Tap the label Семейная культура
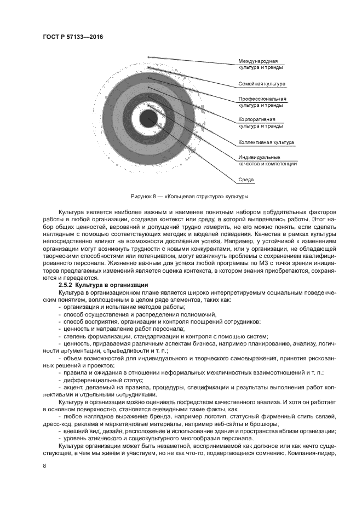tap(262, 84)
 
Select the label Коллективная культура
tap(266, 142)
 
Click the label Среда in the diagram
tap(246, 180)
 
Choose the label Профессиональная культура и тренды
tap(261, 102)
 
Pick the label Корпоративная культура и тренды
tap(260, 122)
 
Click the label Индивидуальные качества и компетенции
tap(267, 160)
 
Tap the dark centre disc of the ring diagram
tap(148, 118)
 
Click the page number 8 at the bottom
tap(44, 465)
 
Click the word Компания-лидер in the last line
tap(317, 453)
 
